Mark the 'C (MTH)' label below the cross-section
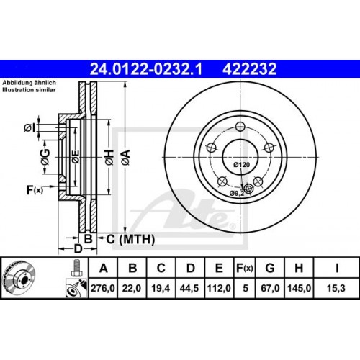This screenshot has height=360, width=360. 123,238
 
